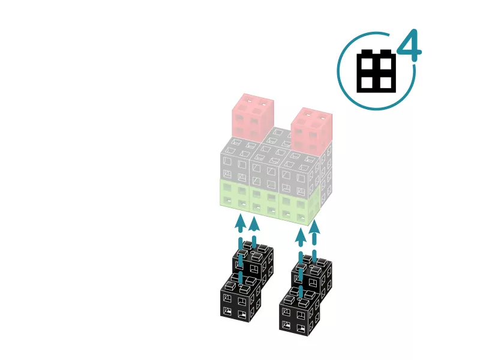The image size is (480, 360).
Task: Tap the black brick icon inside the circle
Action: tap(376, 71)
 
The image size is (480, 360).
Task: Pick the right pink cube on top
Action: tap(311, 132)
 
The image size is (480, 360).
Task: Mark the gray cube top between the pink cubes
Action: tap(277, 136)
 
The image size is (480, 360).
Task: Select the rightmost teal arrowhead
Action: tap(314, 228)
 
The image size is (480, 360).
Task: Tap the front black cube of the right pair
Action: tap(299, 312)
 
